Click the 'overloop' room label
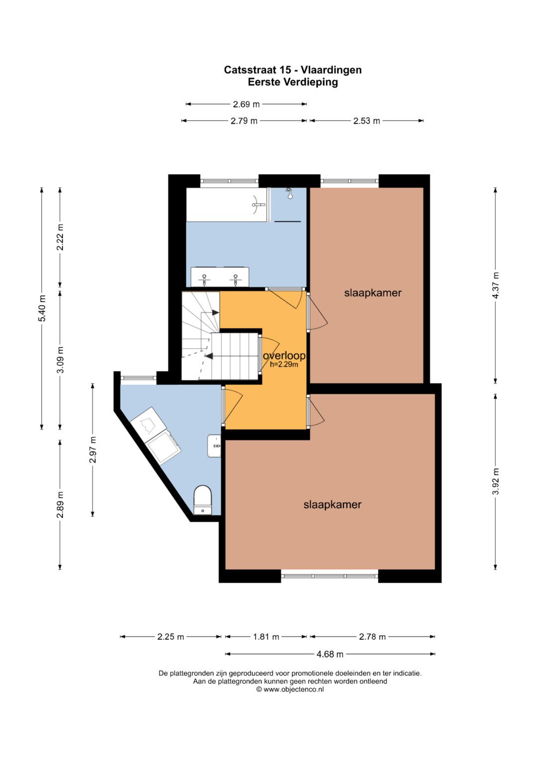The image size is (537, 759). click(x=284, y=355)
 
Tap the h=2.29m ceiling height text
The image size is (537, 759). click(x=284, y=365)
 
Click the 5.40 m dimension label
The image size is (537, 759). click(x=42, y=308)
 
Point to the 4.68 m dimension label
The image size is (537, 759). click(x=330, y=654)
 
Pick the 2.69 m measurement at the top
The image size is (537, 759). click(x=246, y=104)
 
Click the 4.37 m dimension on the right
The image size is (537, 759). click(x=496, y=285)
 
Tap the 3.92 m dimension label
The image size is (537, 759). click(x=496, y=482)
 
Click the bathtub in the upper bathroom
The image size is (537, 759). click(x=226, y=205)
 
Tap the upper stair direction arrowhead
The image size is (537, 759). click(x=215, y=313)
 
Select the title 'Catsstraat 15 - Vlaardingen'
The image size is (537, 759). click(x=292, y=70)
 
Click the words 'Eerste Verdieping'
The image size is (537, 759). click(x=292, y=82)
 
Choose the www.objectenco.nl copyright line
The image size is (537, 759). click(x=290, y=689)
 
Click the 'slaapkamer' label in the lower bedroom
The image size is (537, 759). click(x=332, y=505)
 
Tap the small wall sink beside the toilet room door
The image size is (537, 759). click(x=214, y=446)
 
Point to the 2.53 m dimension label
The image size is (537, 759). click(x=366, y=121)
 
